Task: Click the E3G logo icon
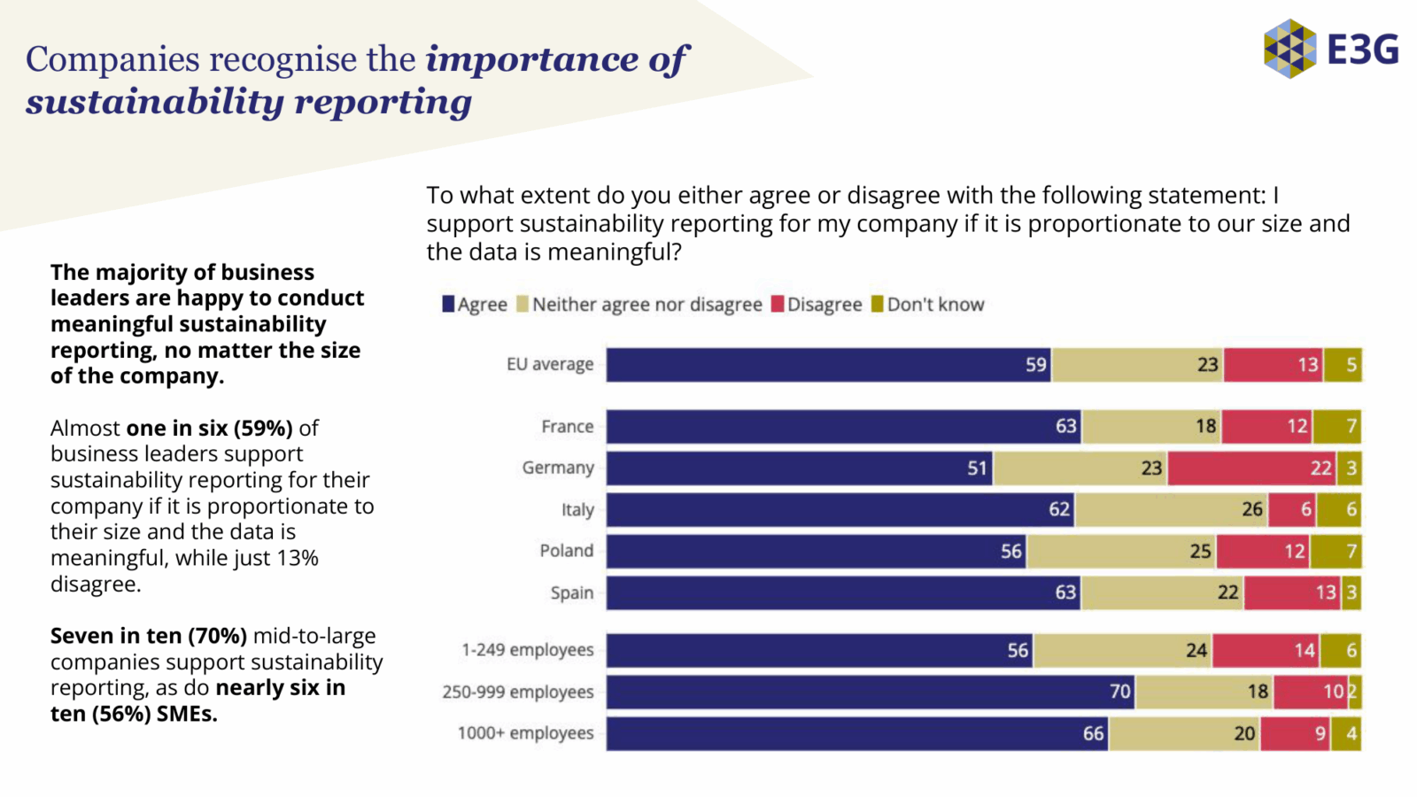tap(1289, 49)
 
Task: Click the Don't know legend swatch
tap(878, 305)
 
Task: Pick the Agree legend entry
tap(475, 305)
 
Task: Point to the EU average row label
tap(550, 365)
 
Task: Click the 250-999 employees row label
tap(518, 693)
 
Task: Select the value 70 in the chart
tap(1120, 692)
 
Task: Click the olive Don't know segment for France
tap(1336, 426)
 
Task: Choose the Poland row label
tap(567, 551)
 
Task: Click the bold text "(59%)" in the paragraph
tap(263, 429)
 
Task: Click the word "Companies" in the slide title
tap(112, 59)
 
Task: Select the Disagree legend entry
tap(816, 305)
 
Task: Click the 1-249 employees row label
tap(527, 650)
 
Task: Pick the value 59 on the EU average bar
tap(1035, 365)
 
